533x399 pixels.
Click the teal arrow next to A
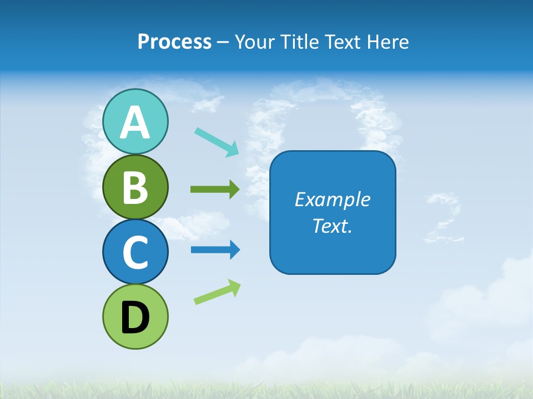tap(216, 141)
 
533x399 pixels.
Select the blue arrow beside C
tap(215, 250)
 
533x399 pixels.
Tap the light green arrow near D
tap(217, 292)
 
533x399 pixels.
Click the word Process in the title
tap(174, 42)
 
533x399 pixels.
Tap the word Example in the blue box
tap(332, 199)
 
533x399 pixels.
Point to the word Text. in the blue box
tap(332, 226)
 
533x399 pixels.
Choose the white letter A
tap(135, 122)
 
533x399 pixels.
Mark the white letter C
tap(135, 252)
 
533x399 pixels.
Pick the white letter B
tap(135, 187)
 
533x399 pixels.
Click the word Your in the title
tap(255, 42)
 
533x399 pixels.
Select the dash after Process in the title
tap(223, 42)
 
